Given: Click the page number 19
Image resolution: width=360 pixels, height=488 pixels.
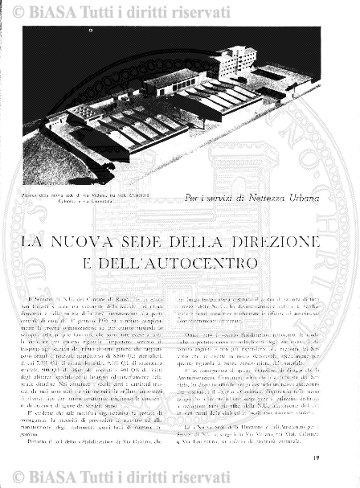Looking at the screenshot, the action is click(x=340, y=457).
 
